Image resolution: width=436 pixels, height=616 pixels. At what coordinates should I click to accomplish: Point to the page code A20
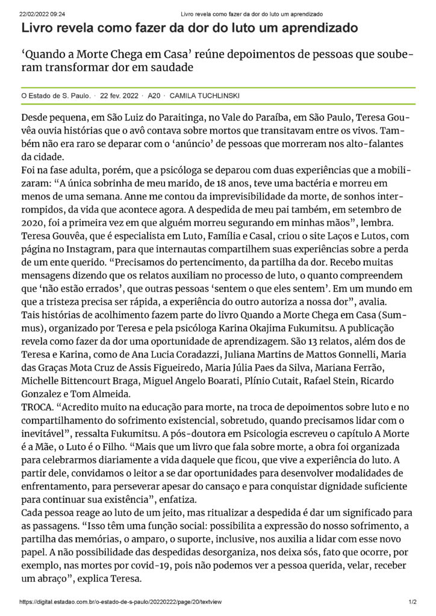point(154,96)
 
